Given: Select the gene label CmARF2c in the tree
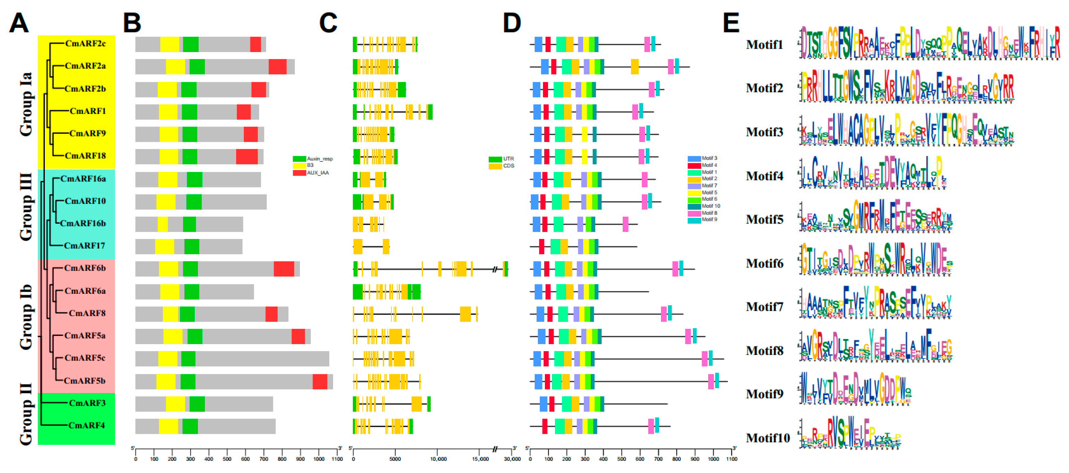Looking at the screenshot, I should (x=85, y=43).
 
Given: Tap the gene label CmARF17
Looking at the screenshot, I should (x=84, y=246).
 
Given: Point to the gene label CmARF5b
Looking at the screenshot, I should (x=84, y=381).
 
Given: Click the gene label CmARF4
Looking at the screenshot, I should (x=86, y=425).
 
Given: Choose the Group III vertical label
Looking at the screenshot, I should (x=26, y=207).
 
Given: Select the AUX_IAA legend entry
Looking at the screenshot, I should (x=317, y=173).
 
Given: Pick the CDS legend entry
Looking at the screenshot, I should (x=508, y=166).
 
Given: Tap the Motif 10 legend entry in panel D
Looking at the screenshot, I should (x=711, y=206).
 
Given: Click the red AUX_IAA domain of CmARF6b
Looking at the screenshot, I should (x=284, y=269).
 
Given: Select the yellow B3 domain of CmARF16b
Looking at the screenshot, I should (x=163, y=224).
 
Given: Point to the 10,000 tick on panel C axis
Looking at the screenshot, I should (x=438, y=459).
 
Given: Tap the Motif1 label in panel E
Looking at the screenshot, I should (x=764, y=45).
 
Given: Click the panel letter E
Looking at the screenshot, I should (x=731, y=23).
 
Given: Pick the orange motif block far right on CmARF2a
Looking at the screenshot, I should (x=635, y=67).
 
